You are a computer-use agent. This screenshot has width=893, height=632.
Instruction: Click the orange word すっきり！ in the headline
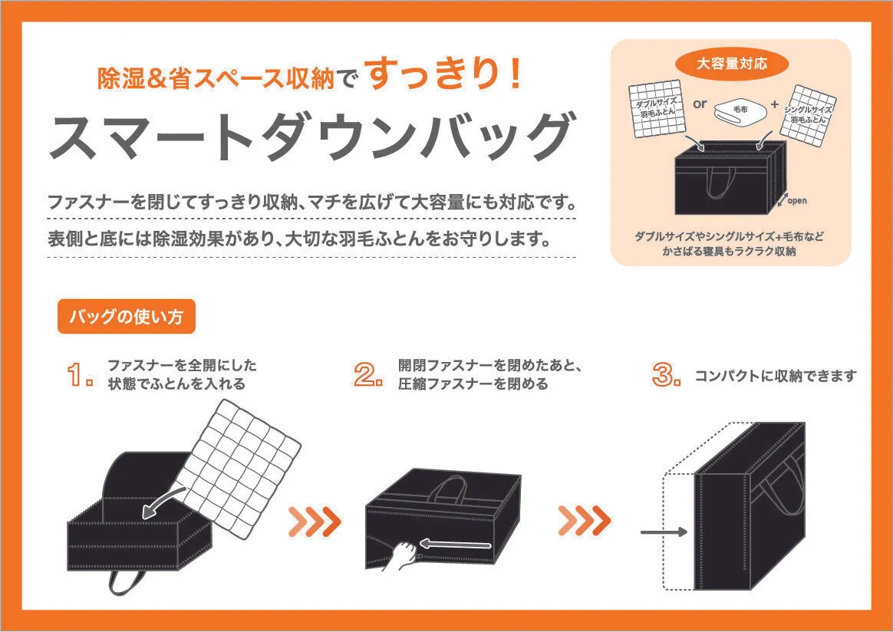[x=443, y=74]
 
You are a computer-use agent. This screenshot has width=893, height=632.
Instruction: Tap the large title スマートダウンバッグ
[x=311, y=137]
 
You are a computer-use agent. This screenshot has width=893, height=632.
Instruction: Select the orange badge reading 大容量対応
[x=732, y=63]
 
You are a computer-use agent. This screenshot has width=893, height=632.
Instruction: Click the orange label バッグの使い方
[x=127, y=317]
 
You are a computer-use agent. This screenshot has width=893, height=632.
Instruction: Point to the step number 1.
[x=80, y=375]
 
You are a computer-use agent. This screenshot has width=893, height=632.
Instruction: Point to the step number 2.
[x=368, y=375]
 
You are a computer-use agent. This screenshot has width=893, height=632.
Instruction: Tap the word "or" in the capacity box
[x=700, y=104]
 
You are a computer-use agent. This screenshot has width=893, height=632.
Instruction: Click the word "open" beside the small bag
[x=797, y=200]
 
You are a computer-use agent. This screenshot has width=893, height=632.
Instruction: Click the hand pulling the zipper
[x=401, y=556]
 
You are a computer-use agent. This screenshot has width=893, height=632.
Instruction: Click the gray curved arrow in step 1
[x=162, y=505]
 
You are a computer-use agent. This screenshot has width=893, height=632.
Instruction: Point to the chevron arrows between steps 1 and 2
[x=315, y=521]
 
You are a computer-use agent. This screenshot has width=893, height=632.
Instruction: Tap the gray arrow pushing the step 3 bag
[x=664, y=532]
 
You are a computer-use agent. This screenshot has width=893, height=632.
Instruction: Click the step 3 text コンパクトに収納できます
[x=775, y=376]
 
